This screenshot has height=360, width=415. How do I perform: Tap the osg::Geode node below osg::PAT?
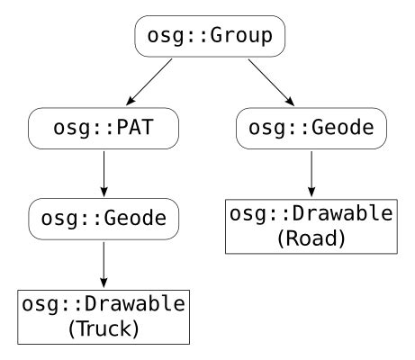point(104,219)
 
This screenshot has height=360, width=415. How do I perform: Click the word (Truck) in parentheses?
point(104,328)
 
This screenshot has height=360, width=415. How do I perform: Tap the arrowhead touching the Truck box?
point(104,283)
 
